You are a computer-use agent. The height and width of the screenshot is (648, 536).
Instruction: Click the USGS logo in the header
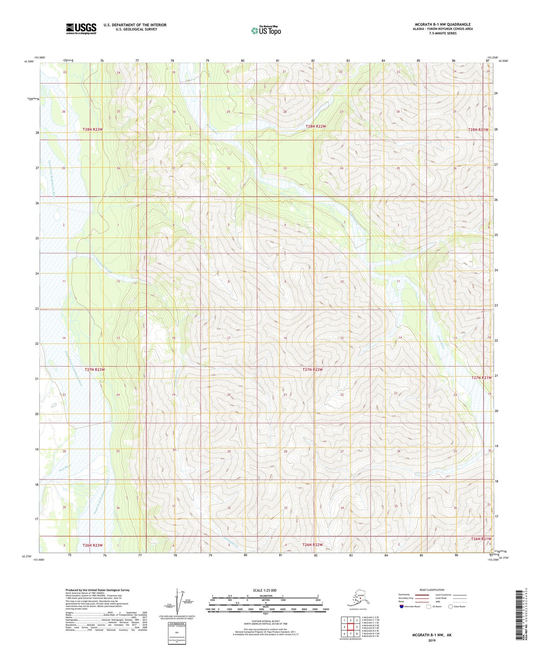click(x=81, y=28)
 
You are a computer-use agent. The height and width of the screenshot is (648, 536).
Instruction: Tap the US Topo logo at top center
click(x=266, y=30)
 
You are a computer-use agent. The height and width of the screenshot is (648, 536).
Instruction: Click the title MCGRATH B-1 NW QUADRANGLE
click(x=443, y=24)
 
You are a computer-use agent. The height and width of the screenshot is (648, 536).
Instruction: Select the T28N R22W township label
click(x=316, y=127)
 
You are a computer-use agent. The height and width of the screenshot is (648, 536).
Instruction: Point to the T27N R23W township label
click(x=95, y=370)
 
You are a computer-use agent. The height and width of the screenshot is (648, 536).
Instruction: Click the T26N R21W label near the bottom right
click(x=481, y=539)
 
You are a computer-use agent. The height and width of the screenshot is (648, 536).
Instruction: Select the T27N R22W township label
click(x=313, y=370)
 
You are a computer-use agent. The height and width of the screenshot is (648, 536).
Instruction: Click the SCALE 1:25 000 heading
click(x=265, y=590)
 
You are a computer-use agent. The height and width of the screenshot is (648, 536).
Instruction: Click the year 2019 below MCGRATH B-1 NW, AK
click(x=432, y=640)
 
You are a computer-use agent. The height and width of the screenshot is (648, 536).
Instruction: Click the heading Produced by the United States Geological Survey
click(x=98, y=590)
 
